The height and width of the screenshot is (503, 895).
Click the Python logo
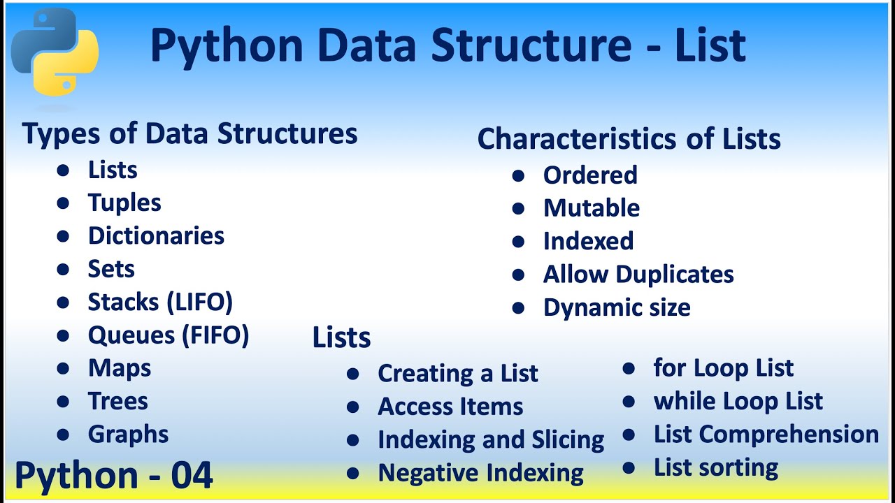pyautogui.click(x=55, y=52)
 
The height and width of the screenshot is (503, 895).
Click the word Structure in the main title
pyautogui.click(x=531, y=45)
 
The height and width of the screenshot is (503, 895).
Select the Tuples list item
pyautogui.click(x=124, y=203)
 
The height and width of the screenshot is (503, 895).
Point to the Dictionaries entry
pyautogui.click(x=156, y=235)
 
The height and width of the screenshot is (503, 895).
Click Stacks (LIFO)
pyautogui.click(x=160, y=302)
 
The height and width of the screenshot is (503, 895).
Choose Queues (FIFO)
pyautogui.click(x=169, y=335)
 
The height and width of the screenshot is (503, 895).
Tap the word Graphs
pyautogui.click(x=128, y=435)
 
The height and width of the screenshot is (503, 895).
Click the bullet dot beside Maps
pyautogui.click(x=63, y=368)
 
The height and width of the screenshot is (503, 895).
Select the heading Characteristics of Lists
pyautogui.click(x=629, y=138)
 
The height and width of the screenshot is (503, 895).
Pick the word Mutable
pyautogui.click(x=592, y=208)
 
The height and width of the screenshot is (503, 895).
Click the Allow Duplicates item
pyautogui.click(x=638, y=275)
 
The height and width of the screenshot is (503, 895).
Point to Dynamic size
pyautogui.click(x=617, y=308)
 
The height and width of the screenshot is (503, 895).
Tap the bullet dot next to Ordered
pyautogui.click(x=518, y=175)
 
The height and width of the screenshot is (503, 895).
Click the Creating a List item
pyautogui.click(x=458, y=374)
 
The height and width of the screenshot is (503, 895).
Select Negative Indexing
pyautogui.click(x=480, y=474)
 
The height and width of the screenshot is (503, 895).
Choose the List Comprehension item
pyautogui.click(x=766, y=435)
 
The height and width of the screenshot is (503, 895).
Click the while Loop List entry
pyautogui.click(x=738, y=401)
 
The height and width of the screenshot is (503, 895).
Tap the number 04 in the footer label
pyautogui.click(x=192, y=475)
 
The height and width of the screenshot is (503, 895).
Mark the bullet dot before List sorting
pyautogui.click(x=629, y=468)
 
